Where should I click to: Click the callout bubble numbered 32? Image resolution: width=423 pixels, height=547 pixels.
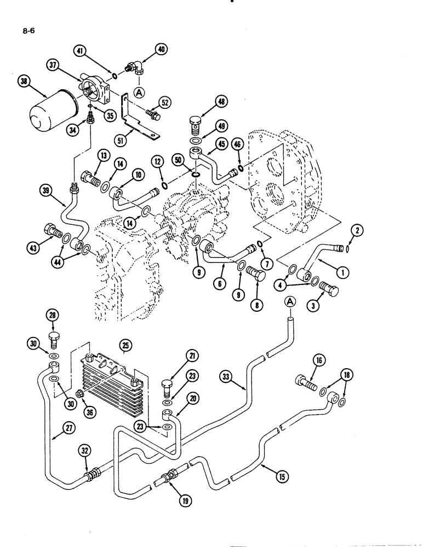point(84,452)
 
